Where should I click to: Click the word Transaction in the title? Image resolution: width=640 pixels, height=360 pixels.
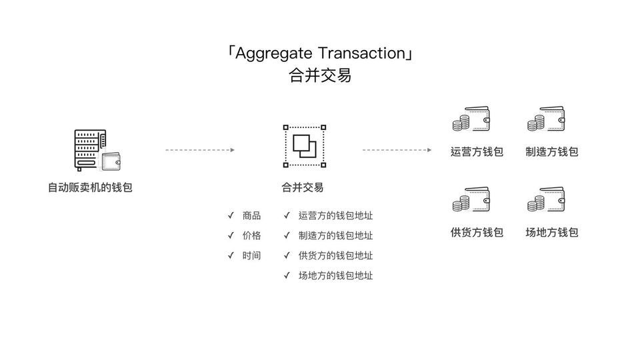coord(361,53)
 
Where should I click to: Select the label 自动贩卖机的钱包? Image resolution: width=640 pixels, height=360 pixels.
coord(90,187)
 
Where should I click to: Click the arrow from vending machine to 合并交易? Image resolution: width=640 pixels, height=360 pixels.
coord(200,150)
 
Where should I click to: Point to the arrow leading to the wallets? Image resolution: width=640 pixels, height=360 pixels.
coord(397,150)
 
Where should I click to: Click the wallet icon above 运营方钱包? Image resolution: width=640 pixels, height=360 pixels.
coord(471,119)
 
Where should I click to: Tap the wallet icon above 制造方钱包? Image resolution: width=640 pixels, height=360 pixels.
coord(546,119)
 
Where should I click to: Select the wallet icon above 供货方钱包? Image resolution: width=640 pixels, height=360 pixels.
coord(471,199)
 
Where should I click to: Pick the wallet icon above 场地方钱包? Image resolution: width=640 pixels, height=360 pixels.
coord(546,199)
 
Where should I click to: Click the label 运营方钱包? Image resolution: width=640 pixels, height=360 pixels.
coord(477,152)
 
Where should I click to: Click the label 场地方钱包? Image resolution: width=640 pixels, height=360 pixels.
coord(552,232)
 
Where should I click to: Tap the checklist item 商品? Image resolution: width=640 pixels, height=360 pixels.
coord(251,215)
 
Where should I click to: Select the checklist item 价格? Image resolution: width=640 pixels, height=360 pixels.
coord(251,235)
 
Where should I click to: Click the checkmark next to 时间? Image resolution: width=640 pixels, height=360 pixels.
coord(231,255)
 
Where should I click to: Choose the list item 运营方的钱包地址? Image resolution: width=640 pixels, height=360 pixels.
coord(335,215)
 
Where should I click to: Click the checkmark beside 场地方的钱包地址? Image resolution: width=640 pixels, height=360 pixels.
coord(287,275)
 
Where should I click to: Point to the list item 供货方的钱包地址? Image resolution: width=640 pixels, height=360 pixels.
coord(335,255)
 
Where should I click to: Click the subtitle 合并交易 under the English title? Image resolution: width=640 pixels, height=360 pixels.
coord(320,75)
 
